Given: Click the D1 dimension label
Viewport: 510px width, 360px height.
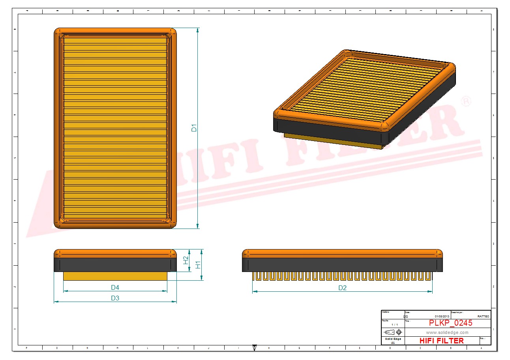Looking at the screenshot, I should click(194, 128).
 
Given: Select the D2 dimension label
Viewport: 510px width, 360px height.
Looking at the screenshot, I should click(342, 288).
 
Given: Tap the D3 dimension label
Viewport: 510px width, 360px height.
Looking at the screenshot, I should click(115, 298).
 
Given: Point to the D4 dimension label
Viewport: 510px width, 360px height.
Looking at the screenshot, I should click(115, 287).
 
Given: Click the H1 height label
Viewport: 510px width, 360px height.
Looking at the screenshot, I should click(198, 265).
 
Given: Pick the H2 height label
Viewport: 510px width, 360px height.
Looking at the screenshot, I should click(186, 261).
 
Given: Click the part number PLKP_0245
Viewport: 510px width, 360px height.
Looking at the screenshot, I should click(450, 323).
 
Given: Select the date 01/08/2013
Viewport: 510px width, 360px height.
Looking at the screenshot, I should click(442, 316).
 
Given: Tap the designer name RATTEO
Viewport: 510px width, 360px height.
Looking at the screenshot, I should click(483, 316).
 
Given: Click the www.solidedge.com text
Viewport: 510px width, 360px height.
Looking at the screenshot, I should click(447, 332).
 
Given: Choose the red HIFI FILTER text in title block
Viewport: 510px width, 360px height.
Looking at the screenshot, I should click(441, 341).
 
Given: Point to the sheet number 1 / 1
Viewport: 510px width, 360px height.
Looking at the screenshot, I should click(394, 324).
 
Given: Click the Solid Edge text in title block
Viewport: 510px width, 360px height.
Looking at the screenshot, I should click(393, 339).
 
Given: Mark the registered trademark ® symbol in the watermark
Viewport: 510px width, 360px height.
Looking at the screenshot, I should click(466, 101).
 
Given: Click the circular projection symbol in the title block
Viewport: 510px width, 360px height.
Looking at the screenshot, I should click(398, 332).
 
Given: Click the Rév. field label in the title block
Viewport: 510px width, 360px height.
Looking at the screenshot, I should click(482, 338).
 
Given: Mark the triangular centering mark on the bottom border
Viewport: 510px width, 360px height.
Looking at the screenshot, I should click(254, 347).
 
